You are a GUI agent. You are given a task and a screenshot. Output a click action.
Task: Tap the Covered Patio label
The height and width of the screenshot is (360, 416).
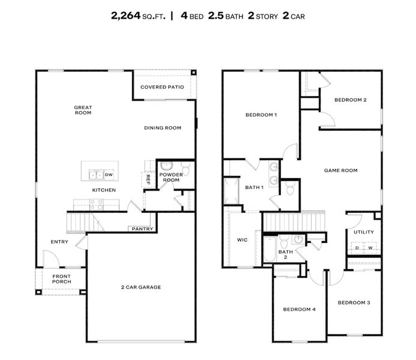pyautogui.click(x=162, y=87)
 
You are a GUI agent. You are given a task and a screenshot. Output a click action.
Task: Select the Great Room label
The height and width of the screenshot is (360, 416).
pyautogui.click(x=83, y=110)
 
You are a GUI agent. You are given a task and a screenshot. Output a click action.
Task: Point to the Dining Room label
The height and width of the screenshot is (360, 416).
pyautogui.click(x=163, y=127)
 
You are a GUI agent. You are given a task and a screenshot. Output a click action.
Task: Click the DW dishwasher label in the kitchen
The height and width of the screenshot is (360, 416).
pyautogui.click(x=109, y=175)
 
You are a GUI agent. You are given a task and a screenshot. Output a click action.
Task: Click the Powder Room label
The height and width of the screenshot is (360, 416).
pyautogui.click(x=170, y=177)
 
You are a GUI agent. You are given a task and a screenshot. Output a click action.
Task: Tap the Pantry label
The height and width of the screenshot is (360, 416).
pyautogui.click(x=143, y=229)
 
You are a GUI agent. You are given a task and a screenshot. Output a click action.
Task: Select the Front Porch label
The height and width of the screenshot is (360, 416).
pyautogui.click(x=62, y=279)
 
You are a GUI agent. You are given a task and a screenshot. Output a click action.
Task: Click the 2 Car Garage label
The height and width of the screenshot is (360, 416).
pyautogui.click(x=142, y=287)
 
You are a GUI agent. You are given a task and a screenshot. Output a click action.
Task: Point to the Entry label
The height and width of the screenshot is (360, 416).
pyautogui.click(x=59, y=242)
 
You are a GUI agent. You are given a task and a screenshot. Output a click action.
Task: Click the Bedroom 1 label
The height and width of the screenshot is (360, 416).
pyautogui.click(x=261, y=115)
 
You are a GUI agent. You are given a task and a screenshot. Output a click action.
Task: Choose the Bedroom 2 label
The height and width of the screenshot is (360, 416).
pyautogui.click(x=350, y=100)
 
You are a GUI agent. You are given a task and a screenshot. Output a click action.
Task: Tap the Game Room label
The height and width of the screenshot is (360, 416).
pyautogui.click(x=340, y=170)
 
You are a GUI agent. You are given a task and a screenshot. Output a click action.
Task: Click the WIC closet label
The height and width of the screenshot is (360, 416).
pyautogui.click(x=242, y=239)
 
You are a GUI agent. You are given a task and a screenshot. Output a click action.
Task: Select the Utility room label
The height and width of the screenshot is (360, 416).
pyautogui.click(x=364, y=232)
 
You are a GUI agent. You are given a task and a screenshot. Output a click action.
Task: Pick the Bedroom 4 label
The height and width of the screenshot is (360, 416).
pyautogui.click(x=299, y=309)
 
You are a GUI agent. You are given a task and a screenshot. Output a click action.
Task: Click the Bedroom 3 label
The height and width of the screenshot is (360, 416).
pyautogui.click(x=353, y=303)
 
